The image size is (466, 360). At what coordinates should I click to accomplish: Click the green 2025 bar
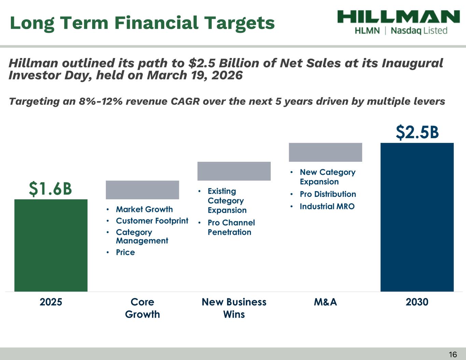[51, 245]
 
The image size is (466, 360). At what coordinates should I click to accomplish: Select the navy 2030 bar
[417, 217]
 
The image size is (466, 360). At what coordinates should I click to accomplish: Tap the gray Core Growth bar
[142, 190]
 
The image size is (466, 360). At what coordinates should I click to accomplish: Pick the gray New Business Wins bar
[234, 171]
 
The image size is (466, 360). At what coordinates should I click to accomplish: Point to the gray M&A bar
[326, 152]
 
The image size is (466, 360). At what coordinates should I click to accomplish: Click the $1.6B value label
[51, 189]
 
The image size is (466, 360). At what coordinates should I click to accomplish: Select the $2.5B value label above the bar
[417, 132]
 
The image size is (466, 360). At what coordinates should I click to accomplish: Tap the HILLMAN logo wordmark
[399, 16]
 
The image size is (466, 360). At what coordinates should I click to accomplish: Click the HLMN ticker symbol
[367, 31]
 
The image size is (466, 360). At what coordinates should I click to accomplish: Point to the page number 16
[453, 355]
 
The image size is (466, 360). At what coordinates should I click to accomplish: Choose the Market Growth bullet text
[144, 210]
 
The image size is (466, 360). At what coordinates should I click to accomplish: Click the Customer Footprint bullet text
[152, 221]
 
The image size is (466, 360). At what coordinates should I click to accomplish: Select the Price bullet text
[125, 252]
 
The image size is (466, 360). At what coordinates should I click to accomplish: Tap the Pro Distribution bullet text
[328, 194]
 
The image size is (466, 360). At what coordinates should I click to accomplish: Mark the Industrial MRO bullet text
[327, 206]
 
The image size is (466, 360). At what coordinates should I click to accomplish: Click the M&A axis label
[326, 302]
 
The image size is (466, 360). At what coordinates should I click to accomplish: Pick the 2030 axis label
[417, 302]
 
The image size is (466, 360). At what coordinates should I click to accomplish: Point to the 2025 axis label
[51, 302]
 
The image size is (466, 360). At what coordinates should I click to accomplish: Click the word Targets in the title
[239, 24]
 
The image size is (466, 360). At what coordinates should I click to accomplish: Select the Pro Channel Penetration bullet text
[231, 227]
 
